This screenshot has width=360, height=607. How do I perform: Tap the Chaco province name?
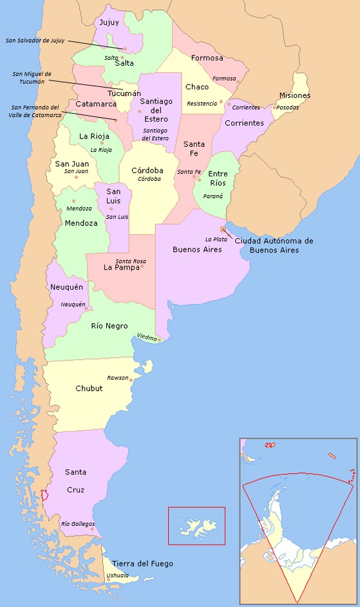197,87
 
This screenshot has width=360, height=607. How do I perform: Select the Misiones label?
294,96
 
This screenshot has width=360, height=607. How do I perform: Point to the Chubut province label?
89,388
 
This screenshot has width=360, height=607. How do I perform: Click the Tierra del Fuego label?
142,564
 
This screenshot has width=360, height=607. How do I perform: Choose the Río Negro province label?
109,326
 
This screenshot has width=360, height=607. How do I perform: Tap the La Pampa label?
122,267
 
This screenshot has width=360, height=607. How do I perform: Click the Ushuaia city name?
118,575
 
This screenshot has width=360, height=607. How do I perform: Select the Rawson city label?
118,378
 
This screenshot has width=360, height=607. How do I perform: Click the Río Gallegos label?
77,524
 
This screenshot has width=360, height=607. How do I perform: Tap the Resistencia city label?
202,104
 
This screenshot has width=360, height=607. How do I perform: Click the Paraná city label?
213,196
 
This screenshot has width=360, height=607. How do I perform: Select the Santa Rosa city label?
126,260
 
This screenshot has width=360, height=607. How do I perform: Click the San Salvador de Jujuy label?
35,40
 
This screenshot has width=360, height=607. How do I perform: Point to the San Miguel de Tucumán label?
33,77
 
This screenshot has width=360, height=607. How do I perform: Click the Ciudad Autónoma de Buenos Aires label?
274,245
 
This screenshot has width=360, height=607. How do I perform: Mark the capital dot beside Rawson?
131,380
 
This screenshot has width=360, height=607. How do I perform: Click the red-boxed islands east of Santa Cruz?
197,526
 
